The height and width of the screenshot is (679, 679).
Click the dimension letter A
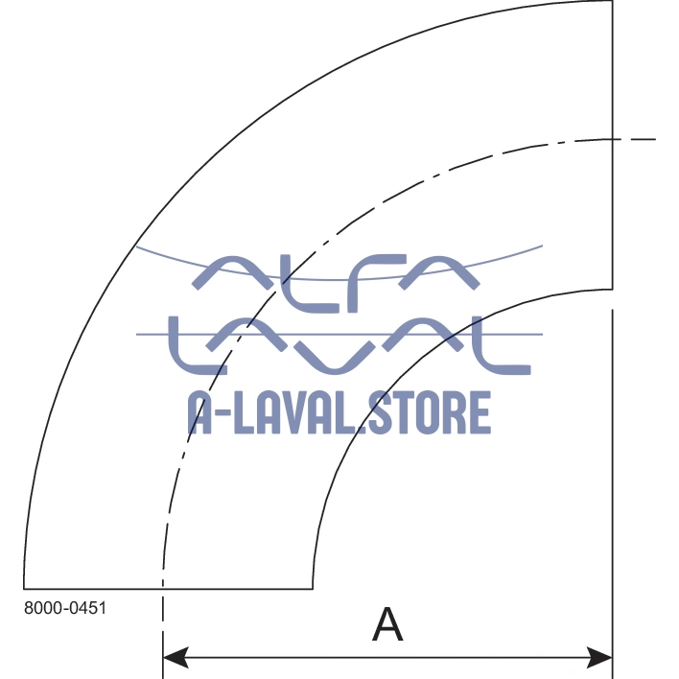click(x=387, y=624)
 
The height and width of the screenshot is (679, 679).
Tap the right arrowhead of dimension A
click(x=601, y=658)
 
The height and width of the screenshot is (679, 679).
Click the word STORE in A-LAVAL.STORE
click(x=428, y=413)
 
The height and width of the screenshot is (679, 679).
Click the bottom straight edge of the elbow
click(x=168, y=589)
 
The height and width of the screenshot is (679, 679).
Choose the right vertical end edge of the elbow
click(x=613, y=144)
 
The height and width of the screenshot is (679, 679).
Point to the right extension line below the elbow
click(x=613, y=480)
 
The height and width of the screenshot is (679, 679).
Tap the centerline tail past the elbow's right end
click(x=637, y=140)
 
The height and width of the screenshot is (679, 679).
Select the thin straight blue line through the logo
click(x=153, y=334)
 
